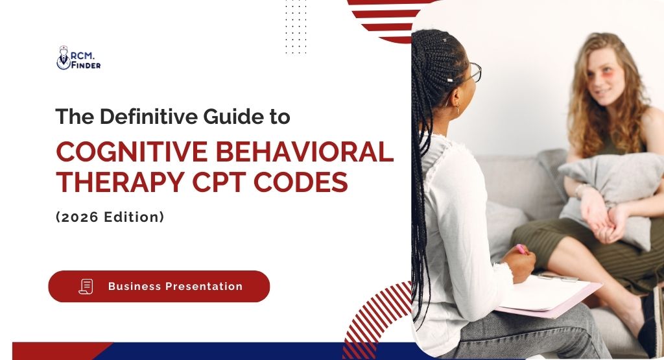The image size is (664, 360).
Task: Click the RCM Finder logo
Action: pos(78,58)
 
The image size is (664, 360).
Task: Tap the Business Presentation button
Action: pos(159,286)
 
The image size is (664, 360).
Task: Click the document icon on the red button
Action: pos(86,286)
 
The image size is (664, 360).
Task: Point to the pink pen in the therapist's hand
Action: pos(520,248)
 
